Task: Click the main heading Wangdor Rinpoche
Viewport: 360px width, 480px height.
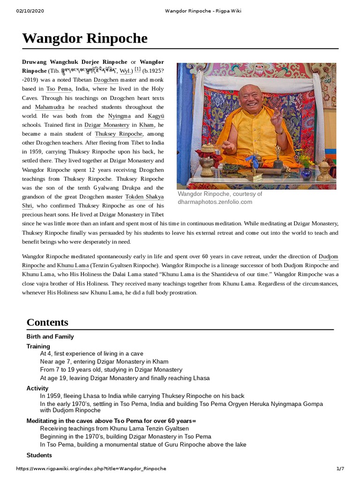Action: [85, 38]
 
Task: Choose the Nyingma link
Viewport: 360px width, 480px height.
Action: [119, 116]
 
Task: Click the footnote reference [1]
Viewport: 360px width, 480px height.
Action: [137, 70]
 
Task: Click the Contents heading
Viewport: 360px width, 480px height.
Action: [47, 322]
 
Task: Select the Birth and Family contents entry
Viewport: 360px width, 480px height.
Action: [50, 337]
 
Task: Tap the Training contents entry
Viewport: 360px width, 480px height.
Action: [38, 346]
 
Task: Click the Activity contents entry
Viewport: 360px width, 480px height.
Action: [37, 388]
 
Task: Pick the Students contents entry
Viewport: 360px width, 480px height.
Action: [39, 455]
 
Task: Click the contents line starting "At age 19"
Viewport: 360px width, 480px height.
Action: [125, 378]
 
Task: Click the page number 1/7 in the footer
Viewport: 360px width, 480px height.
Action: [340, 469]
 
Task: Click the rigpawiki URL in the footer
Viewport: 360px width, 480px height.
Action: [91, 469]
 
